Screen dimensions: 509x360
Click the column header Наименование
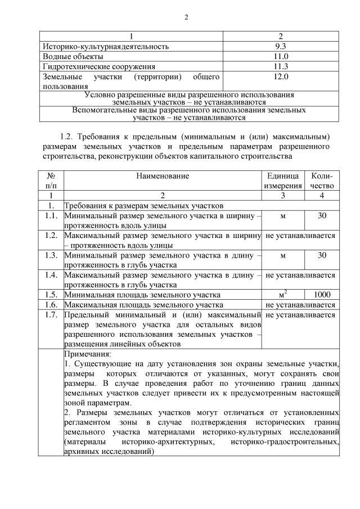[x=163, y=176]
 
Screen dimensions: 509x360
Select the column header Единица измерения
[x=283, y=181]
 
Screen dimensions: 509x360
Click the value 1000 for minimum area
[x=322, y=294]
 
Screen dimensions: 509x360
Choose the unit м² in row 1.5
[x=283, y=294]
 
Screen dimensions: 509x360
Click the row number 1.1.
[x=51, y=216]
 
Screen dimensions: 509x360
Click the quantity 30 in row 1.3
[x=322, y=255]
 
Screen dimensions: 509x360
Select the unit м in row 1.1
[x=283, y=216]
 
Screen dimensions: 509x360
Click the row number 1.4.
[x=51, y=275]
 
